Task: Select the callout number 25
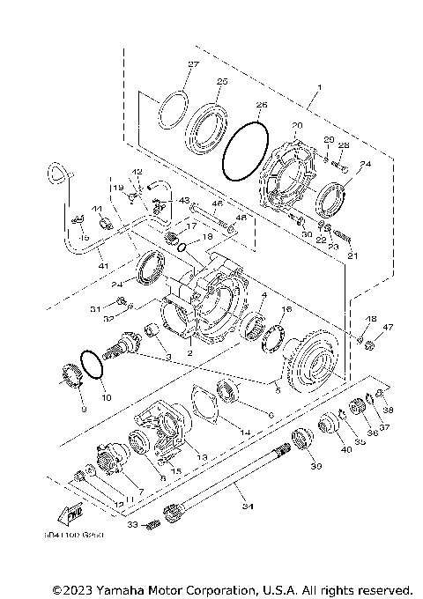coord(221,81)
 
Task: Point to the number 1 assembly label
coord(319,87)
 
